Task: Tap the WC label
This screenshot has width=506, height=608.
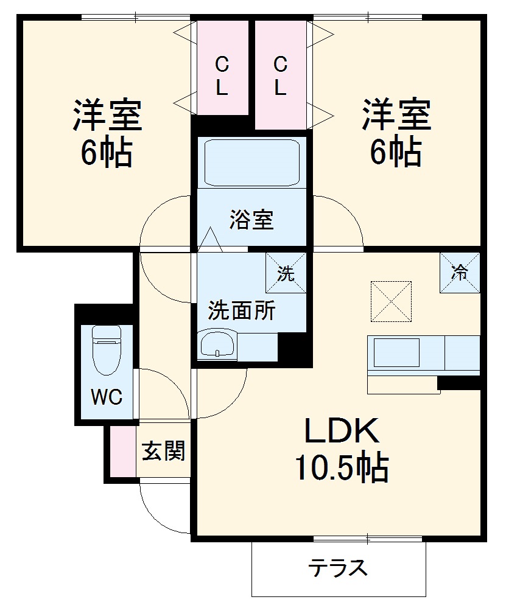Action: (107, 397)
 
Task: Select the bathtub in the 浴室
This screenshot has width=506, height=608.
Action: (251, 162)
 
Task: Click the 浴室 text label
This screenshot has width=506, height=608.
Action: (251, 220)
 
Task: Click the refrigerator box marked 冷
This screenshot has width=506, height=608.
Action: (460, 272)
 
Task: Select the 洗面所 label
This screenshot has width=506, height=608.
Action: (242, 312)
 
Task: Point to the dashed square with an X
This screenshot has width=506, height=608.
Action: (391, 301)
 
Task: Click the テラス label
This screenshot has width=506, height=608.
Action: (339, 568)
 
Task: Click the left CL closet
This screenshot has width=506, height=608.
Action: (222, 67)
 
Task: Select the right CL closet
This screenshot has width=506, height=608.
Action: (279, 74)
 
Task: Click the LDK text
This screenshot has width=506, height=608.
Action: (342, 432)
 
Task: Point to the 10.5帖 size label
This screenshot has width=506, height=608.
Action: (342, 467)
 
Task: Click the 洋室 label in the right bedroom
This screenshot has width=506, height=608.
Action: (396, 114)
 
